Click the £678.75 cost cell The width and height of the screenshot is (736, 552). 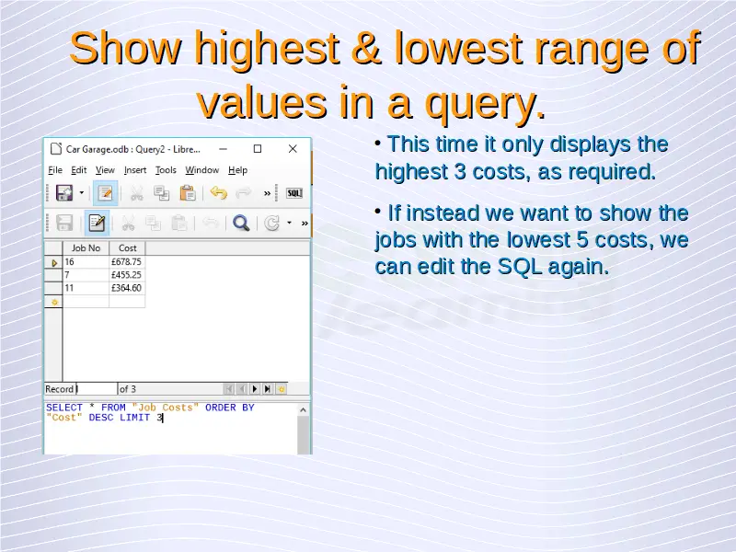point(127,262)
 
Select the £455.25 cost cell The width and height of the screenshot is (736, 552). point(127,275)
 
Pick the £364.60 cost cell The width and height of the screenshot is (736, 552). point(127,288)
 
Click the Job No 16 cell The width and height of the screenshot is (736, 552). point(86,262)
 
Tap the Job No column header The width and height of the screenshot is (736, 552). point(86,247)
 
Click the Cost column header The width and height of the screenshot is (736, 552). point(127,247)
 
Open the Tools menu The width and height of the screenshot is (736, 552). point(166,170)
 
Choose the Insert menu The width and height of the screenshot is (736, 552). point(135,170)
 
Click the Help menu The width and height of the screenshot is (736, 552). point(238,170)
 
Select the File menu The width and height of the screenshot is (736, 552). point(55,170)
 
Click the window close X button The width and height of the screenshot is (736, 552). point(293,149)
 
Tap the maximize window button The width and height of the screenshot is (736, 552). point(258,149)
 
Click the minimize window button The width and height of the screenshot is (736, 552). point(223,149)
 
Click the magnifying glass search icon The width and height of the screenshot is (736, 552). point(241,223)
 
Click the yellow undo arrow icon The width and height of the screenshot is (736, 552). point(218,193)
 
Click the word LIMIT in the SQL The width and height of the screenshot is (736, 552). point(134,418)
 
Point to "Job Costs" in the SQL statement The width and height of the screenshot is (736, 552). point(166,408)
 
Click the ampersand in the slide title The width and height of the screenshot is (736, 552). point(365,48)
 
